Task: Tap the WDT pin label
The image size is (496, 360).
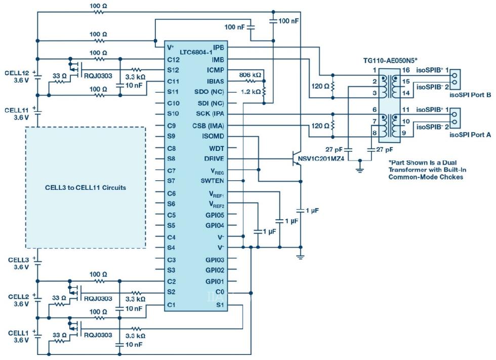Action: tap(216, 148)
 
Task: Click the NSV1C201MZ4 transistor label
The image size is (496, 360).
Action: tap(322, 159)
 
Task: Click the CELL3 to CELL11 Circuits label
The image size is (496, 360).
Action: tap(86, 188)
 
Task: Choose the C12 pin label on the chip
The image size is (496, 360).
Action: tap(173, 59)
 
